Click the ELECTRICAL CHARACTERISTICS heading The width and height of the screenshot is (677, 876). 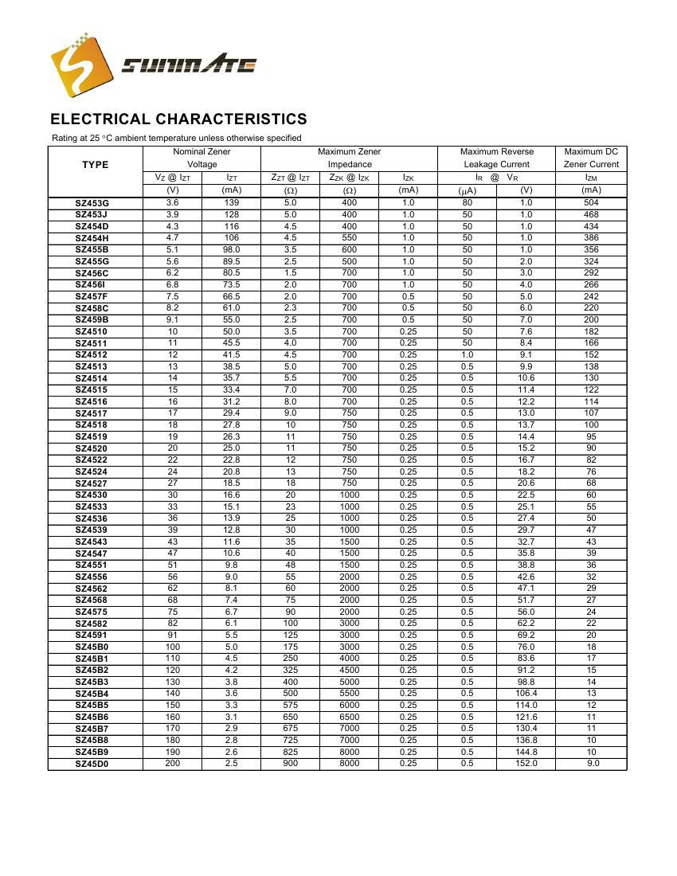point(178,119)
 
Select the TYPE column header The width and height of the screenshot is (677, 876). point(95,165)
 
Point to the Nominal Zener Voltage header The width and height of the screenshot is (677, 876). point(202,158)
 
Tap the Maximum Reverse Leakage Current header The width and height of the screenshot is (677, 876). point(496,158)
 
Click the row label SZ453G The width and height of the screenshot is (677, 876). point(92,203)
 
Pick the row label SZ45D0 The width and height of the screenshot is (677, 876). point(92,764)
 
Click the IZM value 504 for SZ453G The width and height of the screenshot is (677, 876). point(591,203)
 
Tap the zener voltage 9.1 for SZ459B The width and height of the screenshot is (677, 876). point(172,319)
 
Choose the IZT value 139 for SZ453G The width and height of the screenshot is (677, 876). point(231,203)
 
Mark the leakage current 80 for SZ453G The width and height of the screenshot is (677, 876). point(467,203)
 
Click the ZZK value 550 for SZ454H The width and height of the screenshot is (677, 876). point(349,238)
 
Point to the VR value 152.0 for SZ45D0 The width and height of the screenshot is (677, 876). point(526,764)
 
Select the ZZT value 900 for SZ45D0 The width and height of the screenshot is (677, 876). point(290,764)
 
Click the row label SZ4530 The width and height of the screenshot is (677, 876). point(92,495)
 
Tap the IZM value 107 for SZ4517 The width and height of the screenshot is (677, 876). point(591,413)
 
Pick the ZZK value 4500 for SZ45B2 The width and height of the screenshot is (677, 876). point(349,670)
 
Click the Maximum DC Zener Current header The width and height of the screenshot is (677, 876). point(591,158)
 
